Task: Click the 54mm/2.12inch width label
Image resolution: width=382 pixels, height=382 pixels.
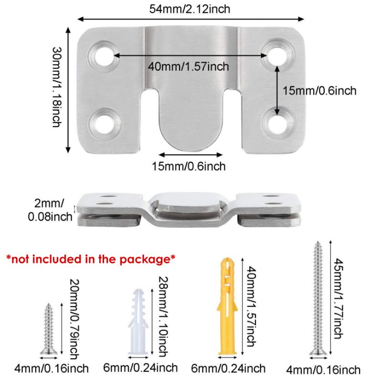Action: (x=191, y=9)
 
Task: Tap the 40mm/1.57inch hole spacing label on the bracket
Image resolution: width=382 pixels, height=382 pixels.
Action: (x=188, y=66)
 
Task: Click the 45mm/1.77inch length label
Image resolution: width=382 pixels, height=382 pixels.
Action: (x=338, y=298)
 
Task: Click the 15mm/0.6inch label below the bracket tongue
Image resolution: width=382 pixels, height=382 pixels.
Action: (x=189, y=166)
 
